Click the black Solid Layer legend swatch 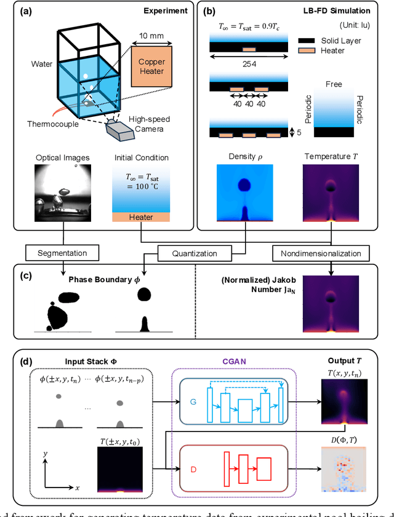tap(311, 40)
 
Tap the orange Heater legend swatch tap(311, 51)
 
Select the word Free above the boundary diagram tap(334, 84)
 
